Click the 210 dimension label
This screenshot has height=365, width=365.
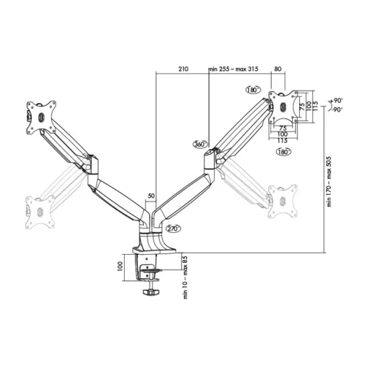182,69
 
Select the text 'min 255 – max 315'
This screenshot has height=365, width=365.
234,69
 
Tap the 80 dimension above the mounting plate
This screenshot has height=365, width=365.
277,69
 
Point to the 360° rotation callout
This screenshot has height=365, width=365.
201,145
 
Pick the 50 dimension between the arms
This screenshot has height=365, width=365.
151,196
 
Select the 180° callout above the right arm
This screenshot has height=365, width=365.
253,90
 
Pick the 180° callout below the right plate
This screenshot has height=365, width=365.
283,151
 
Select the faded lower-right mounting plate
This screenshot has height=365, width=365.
280,199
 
